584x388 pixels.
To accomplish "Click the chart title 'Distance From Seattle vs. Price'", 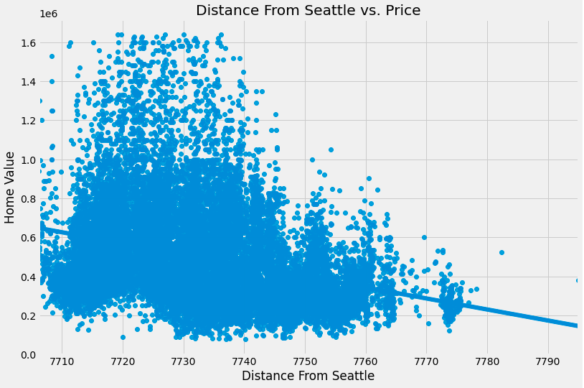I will coord(308,10).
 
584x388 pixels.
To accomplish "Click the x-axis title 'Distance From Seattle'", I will coord(308,376).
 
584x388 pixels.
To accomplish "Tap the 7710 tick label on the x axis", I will coord(62,360).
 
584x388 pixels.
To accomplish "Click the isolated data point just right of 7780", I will coord(501,252).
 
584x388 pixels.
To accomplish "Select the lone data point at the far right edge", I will coord(578,280).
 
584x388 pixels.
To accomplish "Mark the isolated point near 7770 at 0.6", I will coord(424,237).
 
